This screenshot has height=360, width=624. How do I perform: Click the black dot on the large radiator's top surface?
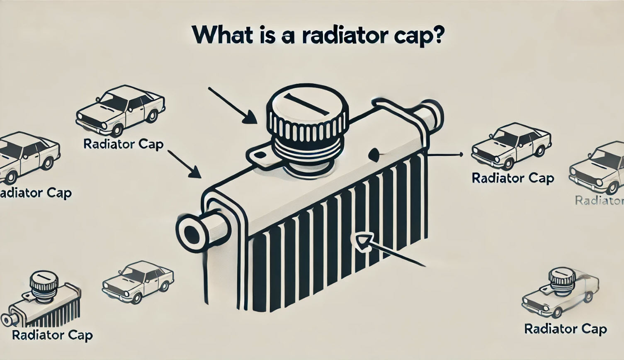[x=373, y=154]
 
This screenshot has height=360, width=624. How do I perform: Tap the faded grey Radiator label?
[x=600, y=201]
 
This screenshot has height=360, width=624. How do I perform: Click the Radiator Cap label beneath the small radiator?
[x=52, y=335]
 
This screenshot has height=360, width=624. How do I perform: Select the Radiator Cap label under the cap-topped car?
[x=566, y=329]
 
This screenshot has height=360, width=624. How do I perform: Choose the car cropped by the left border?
[x=27, y=158]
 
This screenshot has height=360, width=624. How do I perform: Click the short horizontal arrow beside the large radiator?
[x=446, y=155]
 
